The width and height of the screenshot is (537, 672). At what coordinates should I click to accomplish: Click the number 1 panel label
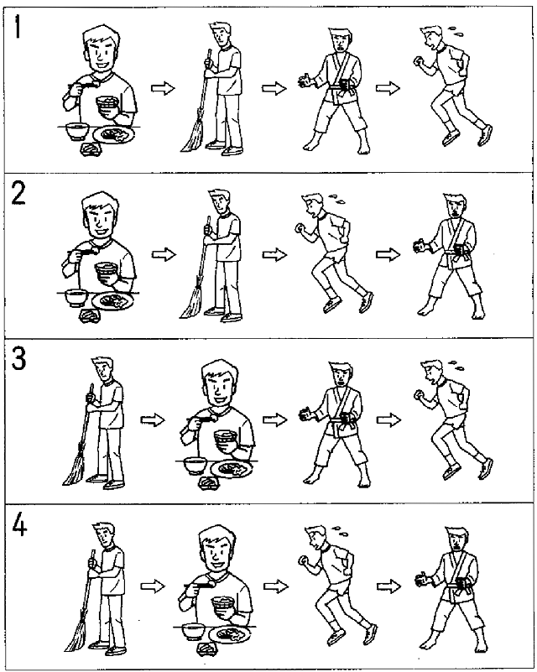18,27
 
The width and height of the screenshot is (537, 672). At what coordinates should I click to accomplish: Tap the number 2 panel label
18,195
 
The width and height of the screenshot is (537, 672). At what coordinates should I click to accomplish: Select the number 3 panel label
18,359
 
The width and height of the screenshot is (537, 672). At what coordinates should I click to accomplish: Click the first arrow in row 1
163,89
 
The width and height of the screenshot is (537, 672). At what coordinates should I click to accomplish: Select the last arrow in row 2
388,254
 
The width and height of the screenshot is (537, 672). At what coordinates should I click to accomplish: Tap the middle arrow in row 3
274,419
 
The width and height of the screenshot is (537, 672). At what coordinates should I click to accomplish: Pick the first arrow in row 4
153,586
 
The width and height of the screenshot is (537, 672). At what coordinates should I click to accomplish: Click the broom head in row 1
193,136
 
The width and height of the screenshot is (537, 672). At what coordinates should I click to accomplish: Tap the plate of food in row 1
113,134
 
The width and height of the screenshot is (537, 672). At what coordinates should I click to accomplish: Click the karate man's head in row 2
456,206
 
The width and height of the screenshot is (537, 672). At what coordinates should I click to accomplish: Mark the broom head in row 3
75,470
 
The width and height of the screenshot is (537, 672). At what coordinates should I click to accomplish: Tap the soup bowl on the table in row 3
196,466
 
